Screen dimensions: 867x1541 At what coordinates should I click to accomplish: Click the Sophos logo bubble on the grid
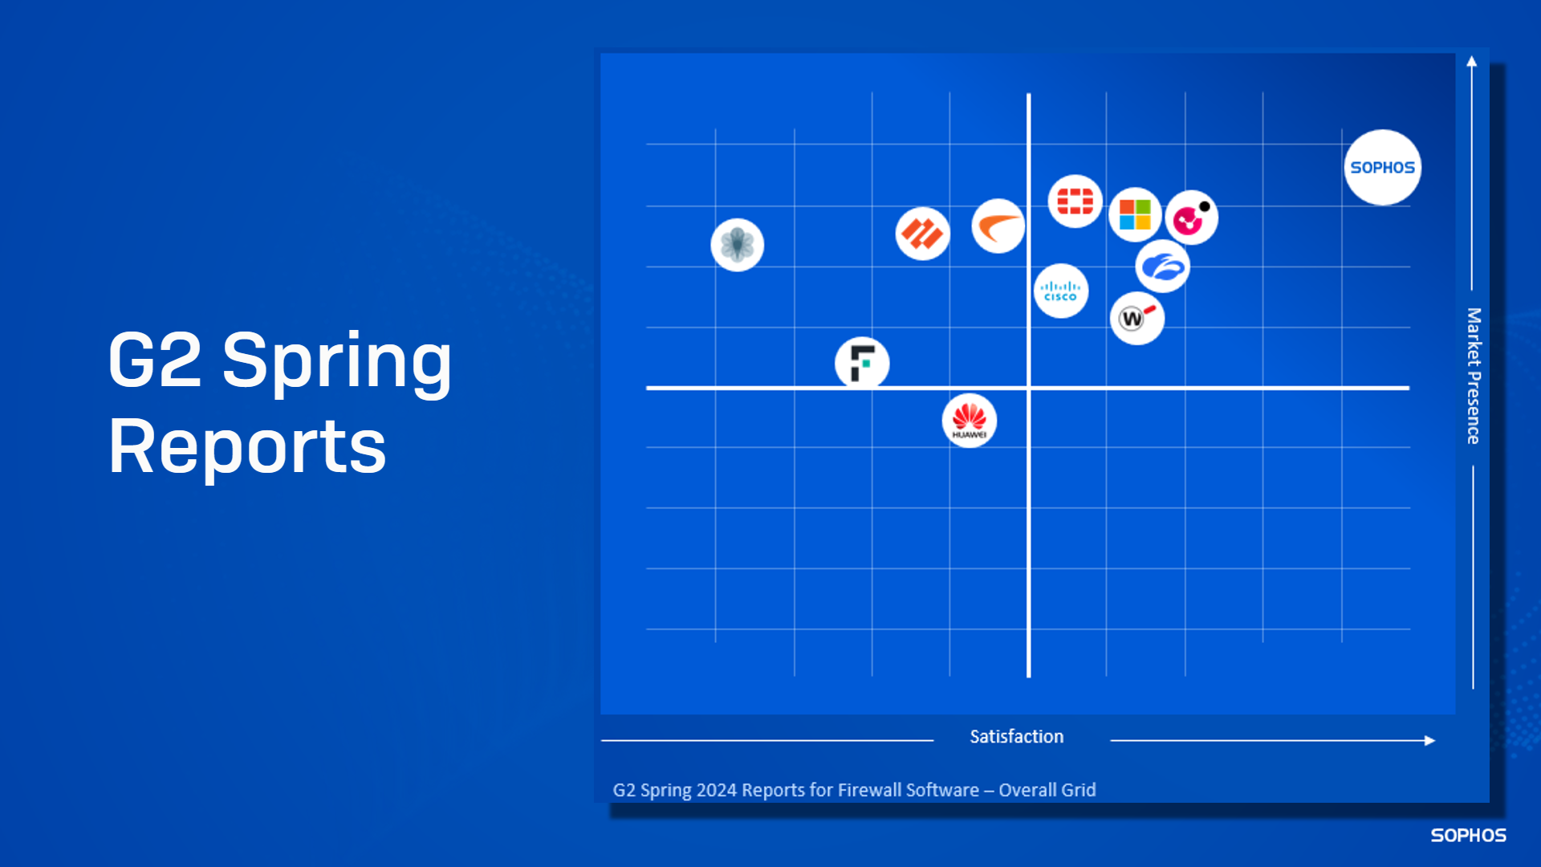point(1382,167)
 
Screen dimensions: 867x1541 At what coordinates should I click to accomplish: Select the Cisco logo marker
point(1060,291)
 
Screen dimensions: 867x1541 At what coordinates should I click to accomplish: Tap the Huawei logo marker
point(969,421)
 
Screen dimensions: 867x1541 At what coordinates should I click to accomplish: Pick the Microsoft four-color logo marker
point(1135,214)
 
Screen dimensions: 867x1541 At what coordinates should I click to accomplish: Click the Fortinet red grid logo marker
point(1075,201)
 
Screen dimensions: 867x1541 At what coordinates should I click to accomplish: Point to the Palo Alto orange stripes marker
point(922,234)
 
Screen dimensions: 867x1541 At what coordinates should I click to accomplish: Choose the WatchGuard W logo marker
point(1136,319)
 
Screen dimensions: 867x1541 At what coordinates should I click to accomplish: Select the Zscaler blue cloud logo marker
point(1162,266)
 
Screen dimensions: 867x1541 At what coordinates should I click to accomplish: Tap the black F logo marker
point(862,363)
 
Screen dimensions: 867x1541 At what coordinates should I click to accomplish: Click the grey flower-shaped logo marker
point(737,245)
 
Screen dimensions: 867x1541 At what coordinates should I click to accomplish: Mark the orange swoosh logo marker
point(998,226)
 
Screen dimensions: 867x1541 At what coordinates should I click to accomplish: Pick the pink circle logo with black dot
point(1191,218)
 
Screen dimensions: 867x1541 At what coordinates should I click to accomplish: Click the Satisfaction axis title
point(1016,736)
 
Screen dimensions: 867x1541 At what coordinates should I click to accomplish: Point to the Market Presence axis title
point(1474,376)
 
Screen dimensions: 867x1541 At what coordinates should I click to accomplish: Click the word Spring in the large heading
point(337,361)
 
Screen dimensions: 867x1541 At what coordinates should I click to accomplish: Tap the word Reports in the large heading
point(247,446)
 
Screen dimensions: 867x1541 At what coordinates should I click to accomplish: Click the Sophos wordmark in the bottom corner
point(1468,835)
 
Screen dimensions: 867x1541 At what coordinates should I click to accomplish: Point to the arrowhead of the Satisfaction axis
point(1429,740)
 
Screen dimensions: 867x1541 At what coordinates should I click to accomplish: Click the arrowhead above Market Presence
point(1471,61)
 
